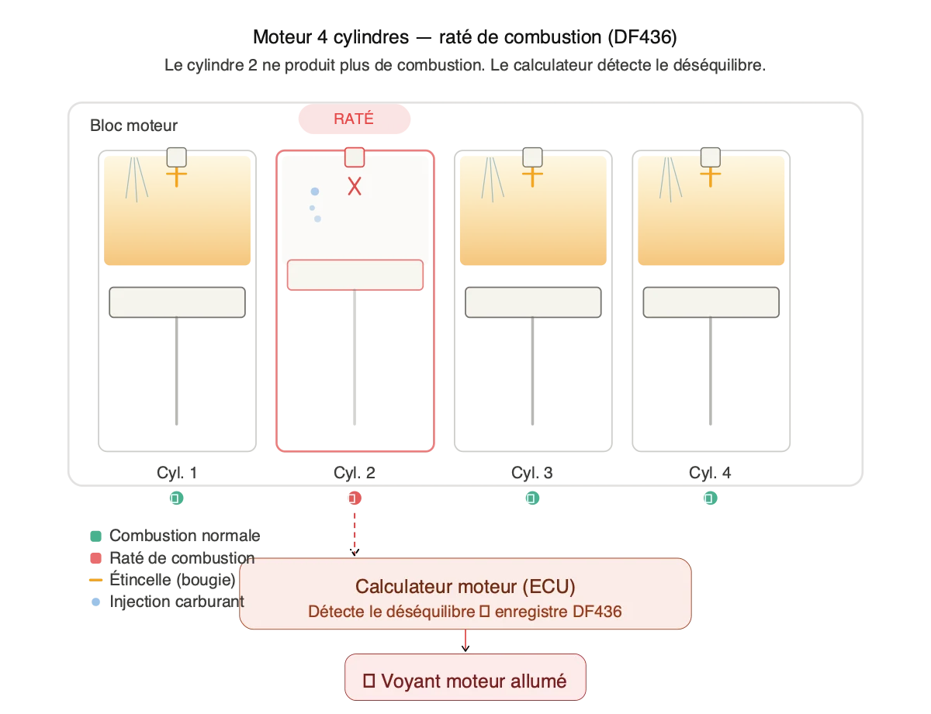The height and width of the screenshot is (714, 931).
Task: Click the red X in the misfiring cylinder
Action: click(355, 186)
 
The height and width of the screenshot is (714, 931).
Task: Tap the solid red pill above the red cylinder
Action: click(355, 119)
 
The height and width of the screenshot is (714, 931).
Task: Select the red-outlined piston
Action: click(355, 275)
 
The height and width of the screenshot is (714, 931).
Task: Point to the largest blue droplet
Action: click(314, 191)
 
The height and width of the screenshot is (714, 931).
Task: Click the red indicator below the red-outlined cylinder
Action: click(355, 498)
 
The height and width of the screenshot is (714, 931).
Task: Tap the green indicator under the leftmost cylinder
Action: click(177, 498)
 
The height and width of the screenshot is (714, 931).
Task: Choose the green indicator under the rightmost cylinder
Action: click(710, 498)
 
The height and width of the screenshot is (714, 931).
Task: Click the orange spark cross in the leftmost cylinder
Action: click(177, 177)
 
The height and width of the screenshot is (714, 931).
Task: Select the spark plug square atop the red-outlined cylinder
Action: click(355, 157)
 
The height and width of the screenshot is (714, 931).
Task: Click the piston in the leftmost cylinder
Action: click(177, 302)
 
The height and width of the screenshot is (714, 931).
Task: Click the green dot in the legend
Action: click(95, 536)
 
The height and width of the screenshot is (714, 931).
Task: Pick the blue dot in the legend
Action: click(95, 601)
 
